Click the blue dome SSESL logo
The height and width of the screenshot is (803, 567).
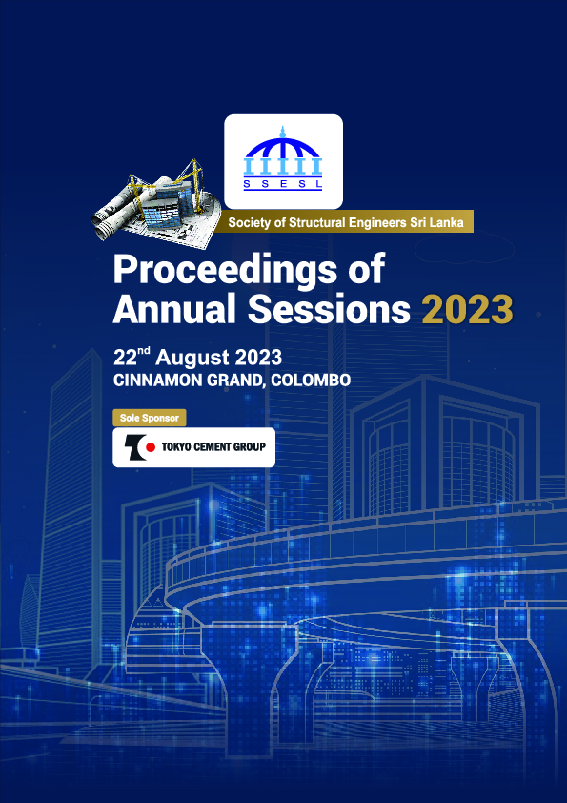(x=283, y=153)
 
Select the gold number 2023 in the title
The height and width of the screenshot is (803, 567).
(x=467, y=309)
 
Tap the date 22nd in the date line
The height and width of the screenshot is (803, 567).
(x=132, y=358)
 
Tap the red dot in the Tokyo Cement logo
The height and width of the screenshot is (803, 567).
(x=150, y=446)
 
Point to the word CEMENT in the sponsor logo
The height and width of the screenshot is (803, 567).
(x=216, y=446)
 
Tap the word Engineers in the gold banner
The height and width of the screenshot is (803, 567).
(x=384, y=223)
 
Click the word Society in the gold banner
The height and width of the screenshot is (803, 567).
(x=250, y=223)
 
